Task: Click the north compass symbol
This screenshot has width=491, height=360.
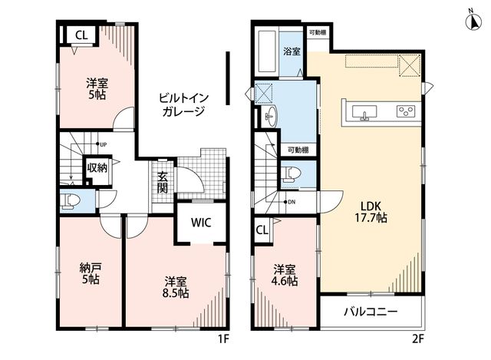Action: (473, 21)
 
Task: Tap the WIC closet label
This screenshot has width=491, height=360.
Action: (201, 223)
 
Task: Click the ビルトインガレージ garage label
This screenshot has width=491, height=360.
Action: (183, 104)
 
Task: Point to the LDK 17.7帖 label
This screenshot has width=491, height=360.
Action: (371, 212)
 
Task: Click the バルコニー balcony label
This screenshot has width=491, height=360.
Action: (371, 312)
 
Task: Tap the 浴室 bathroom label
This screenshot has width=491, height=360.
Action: (292, 51)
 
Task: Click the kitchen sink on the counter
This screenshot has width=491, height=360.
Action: (364, 113)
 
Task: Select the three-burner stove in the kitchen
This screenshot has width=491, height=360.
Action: (406, 111)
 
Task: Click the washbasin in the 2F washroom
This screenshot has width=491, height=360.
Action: (271, 116)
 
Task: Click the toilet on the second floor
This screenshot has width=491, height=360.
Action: (291, 174)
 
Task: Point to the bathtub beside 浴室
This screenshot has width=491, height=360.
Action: (267, 51)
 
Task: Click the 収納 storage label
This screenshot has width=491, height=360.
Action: (97, 167)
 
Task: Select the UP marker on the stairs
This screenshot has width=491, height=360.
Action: (101, 144)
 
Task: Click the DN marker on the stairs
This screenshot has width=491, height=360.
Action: (289, 202)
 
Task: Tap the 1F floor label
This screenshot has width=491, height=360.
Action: (223, 339)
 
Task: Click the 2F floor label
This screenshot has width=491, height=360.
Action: (417, 339)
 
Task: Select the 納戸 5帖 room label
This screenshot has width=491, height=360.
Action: (91, 273)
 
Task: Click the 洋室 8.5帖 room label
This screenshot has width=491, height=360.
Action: (176, 287)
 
